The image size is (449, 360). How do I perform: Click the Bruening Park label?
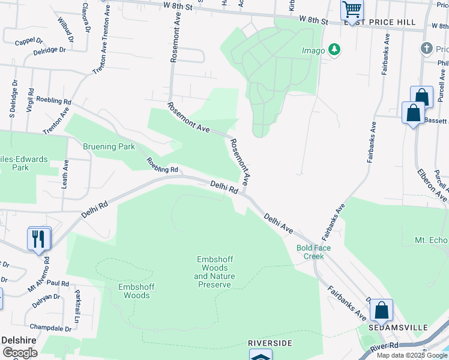pos(109,146)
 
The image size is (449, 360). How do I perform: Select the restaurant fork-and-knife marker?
pos(38,239)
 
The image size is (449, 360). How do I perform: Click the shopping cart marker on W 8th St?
pos(352,10)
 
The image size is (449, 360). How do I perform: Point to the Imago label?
pos(313,50)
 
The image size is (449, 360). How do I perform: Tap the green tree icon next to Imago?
pos(334,50)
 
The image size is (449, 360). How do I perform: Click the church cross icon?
pos(427,48)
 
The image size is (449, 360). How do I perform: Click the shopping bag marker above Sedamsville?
pos(381,311)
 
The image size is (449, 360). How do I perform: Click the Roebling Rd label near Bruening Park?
pos(163,166)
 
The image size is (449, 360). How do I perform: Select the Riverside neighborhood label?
pos(270,343)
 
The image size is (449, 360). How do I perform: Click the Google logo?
pos(19,352)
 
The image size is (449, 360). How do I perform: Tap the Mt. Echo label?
pos(431,240)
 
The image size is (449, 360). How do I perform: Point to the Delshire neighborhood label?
pos(19,340)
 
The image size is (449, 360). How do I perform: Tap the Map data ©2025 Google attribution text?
pos(412,355)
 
